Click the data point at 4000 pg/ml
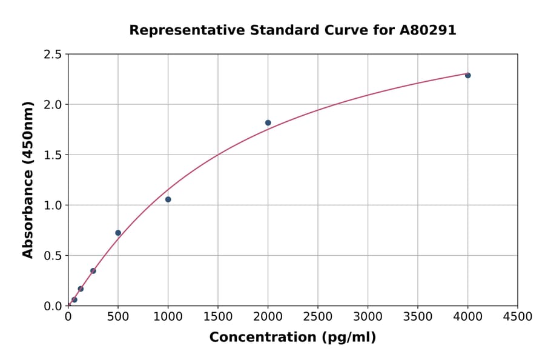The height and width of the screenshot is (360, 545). click(467, 75)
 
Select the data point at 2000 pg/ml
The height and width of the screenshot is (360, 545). click(268, 122)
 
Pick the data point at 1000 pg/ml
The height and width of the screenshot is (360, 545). click(168, 199)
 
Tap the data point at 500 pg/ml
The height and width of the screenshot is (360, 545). click(118, 233)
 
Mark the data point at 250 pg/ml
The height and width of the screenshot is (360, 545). click(93, 271)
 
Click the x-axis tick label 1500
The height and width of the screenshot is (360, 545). click(218, 316)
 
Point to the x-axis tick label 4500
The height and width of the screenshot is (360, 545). click(517, 316)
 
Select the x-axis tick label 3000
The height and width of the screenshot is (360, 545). click(368, 316)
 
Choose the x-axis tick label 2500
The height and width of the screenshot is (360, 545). click(318, 316)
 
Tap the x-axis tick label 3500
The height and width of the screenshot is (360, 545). click(418, 316)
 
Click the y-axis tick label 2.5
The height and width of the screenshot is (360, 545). click(53, 55)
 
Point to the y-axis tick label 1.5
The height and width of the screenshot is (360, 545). click(53, 155)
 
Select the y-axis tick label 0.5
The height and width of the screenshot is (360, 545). click(53, 256)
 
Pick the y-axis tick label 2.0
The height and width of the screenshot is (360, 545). click(53, 105)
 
